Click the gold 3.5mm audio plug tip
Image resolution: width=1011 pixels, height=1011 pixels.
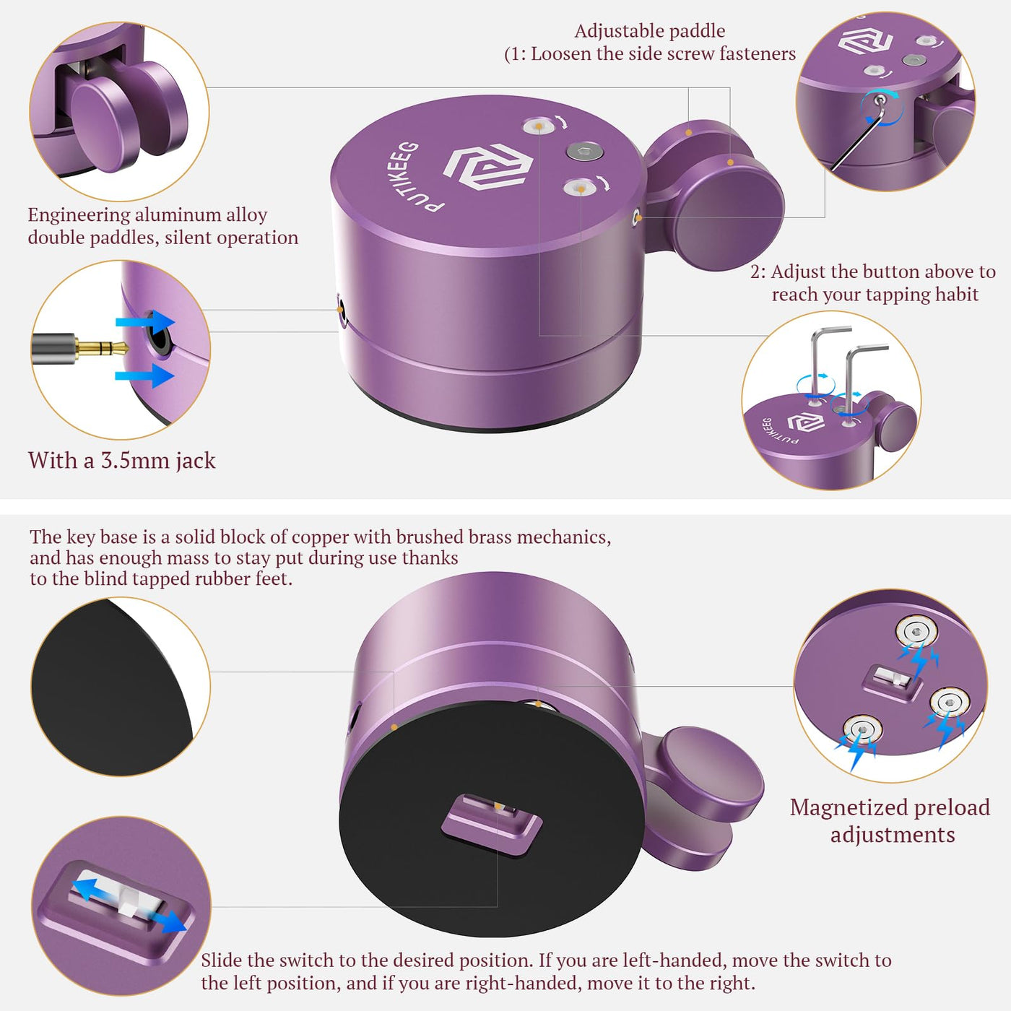pyautogui.click(x=103, y=347)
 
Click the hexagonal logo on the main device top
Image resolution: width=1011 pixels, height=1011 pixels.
pyautogui.click(x=488, y=168)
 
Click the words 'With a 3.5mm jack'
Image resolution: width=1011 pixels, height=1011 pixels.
pyautogui.click(x=122, y=460)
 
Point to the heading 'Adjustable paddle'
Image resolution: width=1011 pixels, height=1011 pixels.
pyautogui.click(x=649, y=31)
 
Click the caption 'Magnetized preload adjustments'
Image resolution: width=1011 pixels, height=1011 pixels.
pyautogui.click(x=890, y=821)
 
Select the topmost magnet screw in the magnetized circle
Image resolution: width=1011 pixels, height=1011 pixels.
pyautogui.click(x=916, y=633)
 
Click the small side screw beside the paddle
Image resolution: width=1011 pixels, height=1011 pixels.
pyautogui.click(x=636, y=216)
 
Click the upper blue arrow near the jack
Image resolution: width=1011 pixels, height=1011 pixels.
pyautogui.click(x=145, y=321)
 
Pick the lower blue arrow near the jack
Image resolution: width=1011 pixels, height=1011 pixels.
pyautogui.click(x=145, y=376)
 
